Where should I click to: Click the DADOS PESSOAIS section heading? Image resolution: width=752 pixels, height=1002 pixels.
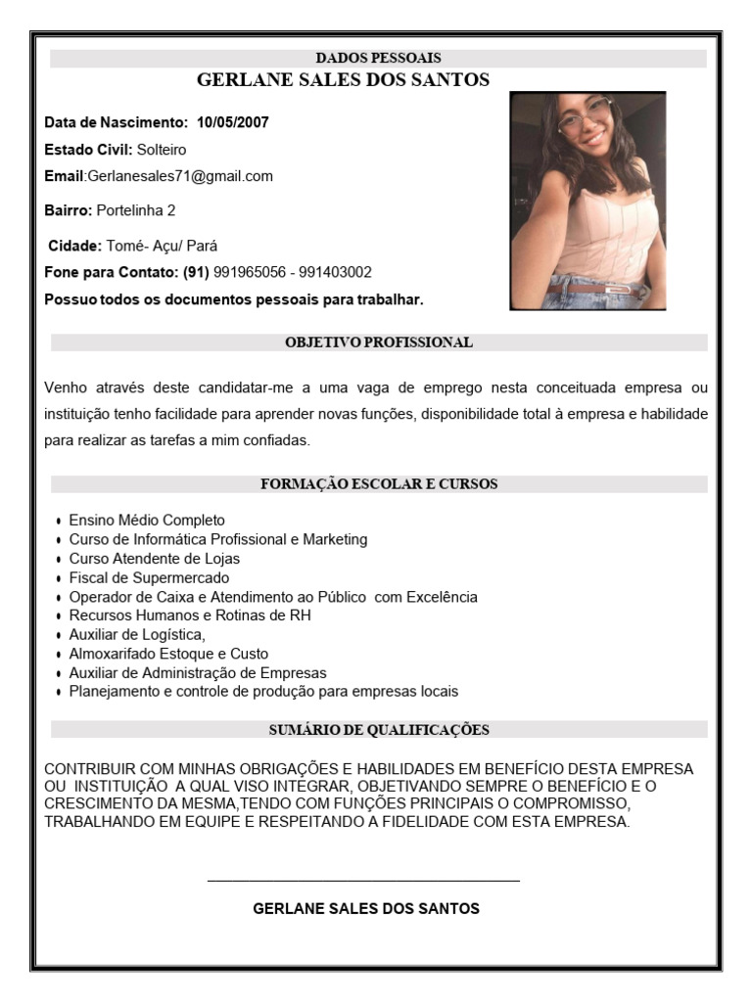coord(378,59)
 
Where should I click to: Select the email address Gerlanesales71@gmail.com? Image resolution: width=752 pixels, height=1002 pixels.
coord(180,176)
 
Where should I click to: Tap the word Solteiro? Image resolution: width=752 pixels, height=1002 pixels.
coord(162,150)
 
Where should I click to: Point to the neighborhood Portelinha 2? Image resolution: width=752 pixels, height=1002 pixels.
coord(136,210)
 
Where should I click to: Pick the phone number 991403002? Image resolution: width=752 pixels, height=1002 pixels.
coord(335,272)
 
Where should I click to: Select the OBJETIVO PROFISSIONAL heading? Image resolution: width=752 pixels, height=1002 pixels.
coord(378,342)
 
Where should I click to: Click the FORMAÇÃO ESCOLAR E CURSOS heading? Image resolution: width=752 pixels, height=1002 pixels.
coord(378,484)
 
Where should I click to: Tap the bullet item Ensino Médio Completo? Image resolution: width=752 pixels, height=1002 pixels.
coord(147,521)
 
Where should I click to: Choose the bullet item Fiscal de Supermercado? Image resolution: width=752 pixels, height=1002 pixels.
coord(149,578)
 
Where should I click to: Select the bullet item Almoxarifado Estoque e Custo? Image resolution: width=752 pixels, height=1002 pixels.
coord(168,654)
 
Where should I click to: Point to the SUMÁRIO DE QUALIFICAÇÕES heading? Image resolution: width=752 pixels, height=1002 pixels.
coord(378,730)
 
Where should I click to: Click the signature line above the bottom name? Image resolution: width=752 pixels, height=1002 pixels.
coord(363,881)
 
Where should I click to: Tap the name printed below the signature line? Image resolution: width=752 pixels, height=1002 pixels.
coord(366,909)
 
